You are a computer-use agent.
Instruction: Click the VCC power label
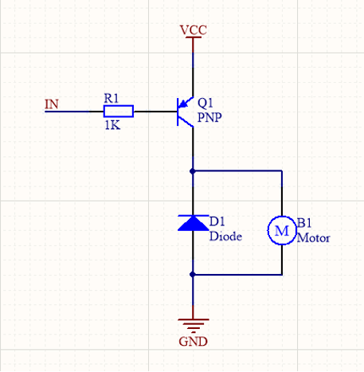click(193, 30)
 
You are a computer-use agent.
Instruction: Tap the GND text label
click(193, 342)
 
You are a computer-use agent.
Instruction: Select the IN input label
click(52, 104)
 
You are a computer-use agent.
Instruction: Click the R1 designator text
click(111, 98)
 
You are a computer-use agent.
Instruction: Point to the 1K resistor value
click(112, 125)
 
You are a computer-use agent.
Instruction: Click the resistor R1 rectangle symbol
click(119, 112)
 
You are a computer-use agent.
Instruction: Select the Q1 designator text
click(205, 103)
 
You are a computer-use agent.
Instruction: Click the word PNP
click(209, 117)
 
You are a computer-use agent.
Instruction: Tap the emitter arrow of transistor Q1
click(184, 104)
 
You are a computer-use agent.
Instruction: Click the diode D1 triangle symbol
click(193, 223)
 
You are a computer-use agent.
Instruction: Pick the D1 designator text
click(217, 221)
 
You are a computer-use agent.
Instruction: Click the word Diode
click(225, 236)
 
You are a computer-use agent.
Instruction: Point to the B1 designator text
click(304, 223)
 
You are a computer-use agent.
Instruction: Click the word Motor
click(313, 237)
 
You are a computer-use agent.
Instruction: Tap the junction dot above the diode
click(193, 171)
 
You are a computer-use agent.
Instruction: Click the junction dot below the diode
click(193, 274)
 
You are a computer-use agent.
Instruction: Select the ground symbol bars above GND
click(193, 326)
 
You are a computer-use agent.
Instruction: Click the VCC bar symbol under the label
click(193, 37)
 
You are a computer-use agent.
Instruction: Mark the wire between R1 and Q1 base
click(155, 112)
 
